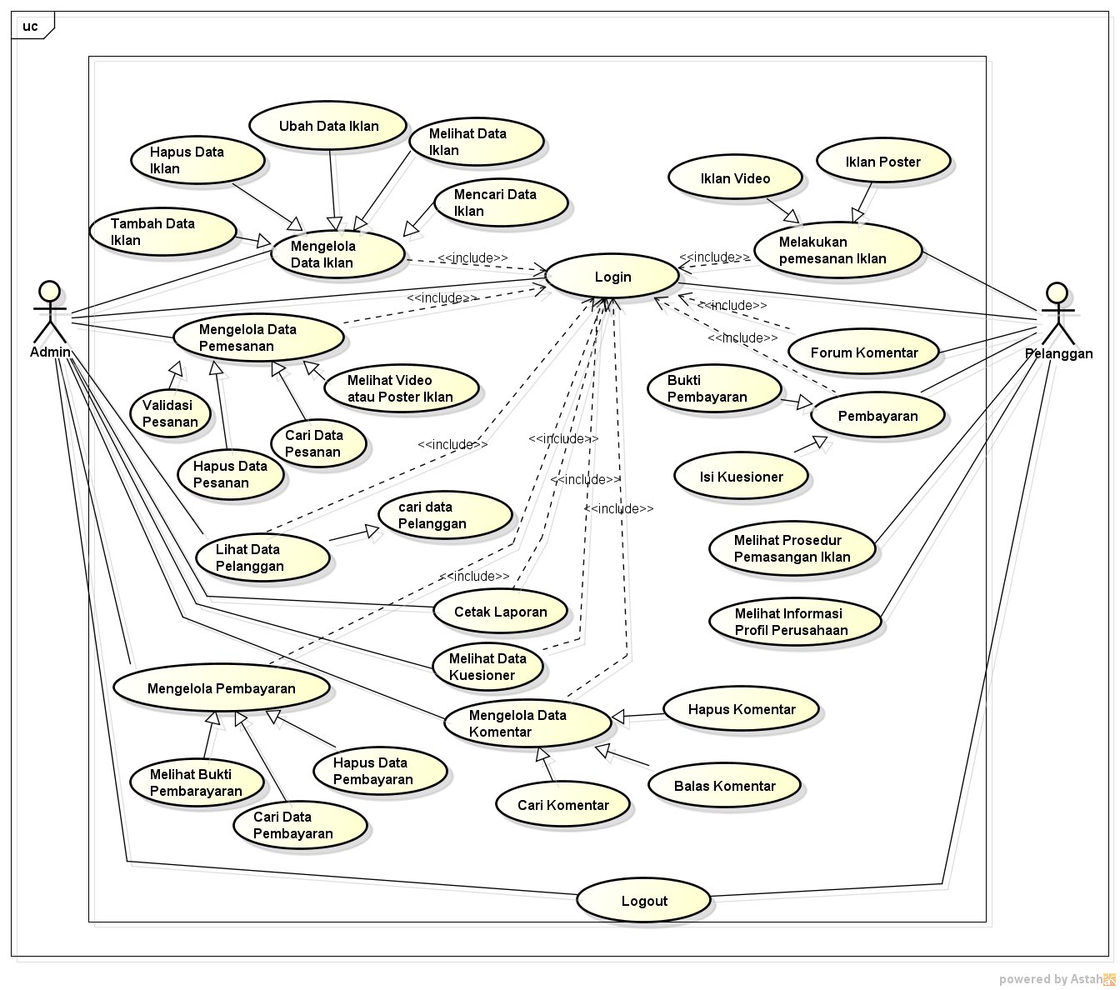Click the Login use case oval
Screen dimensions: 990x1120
coord(612,277)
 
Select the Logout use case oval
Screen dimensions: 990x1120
coord(643,901)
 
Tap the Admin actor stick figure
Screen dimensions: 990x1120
coord(50,312)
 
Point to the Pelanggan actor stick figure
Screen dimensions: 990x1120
coord(1057,313)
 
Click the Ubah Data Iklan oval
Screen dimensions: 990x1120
coord(328,127)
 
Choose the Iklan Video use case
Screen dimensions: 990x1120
coord(735,178)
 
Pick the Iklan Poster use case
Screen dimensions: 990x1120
coord(882,162)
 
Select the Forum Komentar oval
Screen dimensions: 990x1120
coord(863,352)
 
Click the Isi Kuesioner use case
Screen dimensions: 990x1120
coord(741,477)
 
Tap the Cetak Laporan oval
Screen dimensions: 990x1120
coord(500,612)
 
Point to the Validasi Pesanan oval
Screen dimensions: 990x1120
coord(170,413)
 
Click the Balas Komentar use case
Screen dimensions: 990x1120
coord(724,786)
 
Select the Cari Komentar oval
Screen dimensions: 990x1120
coord(562,805)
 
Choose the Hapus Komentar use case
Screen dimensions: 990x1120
coord(741,709)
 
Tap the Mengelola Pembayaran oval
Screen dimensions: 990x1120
coord(221,688)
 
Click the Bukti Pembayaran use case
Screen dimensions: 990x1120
coord(714,389)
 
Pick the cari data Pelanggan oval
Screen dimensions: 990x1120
coord(444,516)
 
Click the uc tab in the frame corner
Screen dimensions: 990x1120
coord(32,27)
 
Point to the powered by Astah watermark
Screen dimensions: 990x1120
coord(1055,979)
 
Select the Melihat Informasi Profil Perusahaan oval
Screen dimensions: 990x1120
coord(795,622)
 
